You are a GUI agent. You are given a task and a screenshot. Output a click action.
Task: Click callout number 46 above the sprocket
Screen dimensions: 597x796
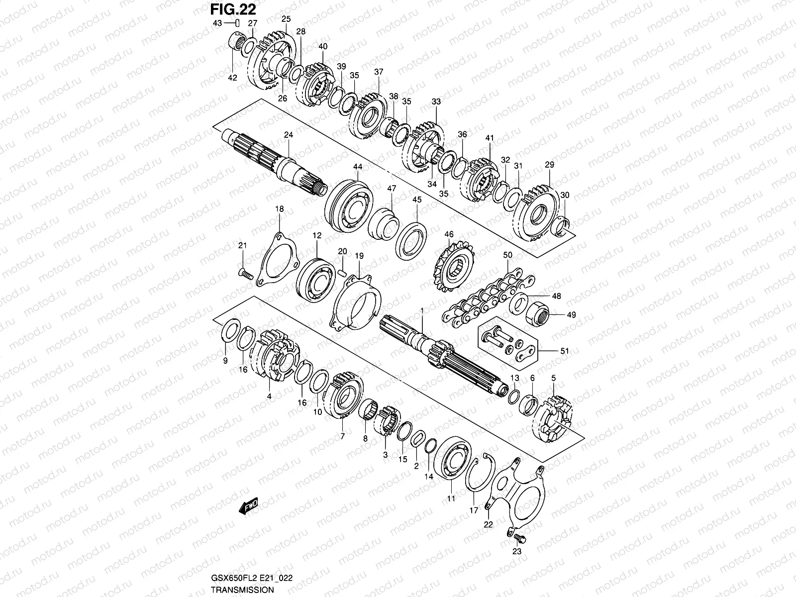pos(449,234)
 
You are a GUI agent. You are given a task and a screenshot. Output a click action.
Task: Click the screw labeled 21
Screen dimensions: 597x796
pos(245,273)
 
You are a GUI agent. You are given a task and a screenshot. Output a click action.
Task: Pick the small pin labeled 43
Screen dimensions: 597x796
pos(238,23)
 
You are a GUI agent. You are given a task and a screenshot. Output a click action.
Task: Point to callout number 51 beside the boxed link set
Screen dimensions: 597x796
pos(564,351)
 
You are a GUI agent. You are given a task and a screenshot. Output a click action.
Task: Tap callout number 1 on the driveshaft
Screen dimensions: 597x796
pos(422,310)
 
